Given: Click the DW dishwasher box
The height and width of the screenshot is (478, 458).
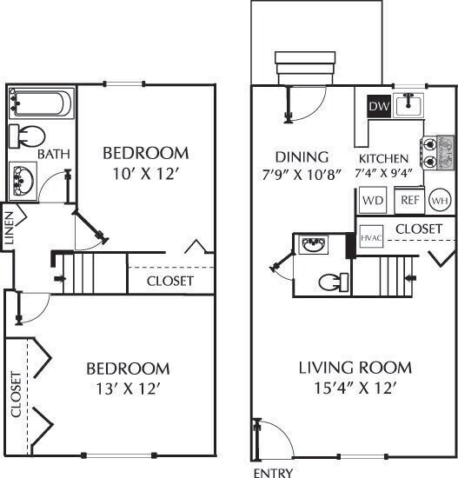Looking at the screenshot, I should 378,106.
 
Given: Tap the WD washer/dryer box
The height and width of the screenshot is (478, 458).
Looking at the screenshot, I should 373,200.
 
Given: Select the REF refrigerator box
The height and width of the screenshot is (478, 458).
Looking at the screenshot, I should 409,200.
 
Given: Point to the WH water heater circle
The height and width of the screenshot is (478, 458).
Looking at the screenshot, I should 441,200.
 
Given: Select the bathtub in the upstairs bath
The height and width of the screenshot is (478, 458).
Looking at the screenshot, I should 40,104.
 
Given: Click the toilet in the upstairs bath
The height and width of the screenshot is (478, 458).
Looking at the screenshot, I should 30,136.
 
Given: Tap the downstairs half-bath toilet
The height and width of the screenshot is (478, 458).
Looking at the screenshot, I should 331,282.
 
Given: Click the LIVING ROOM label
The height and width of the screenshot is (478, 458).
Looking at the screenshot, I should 354,368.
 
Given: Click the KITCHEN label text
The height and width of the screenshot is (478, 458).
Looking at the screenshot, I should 383,159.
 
